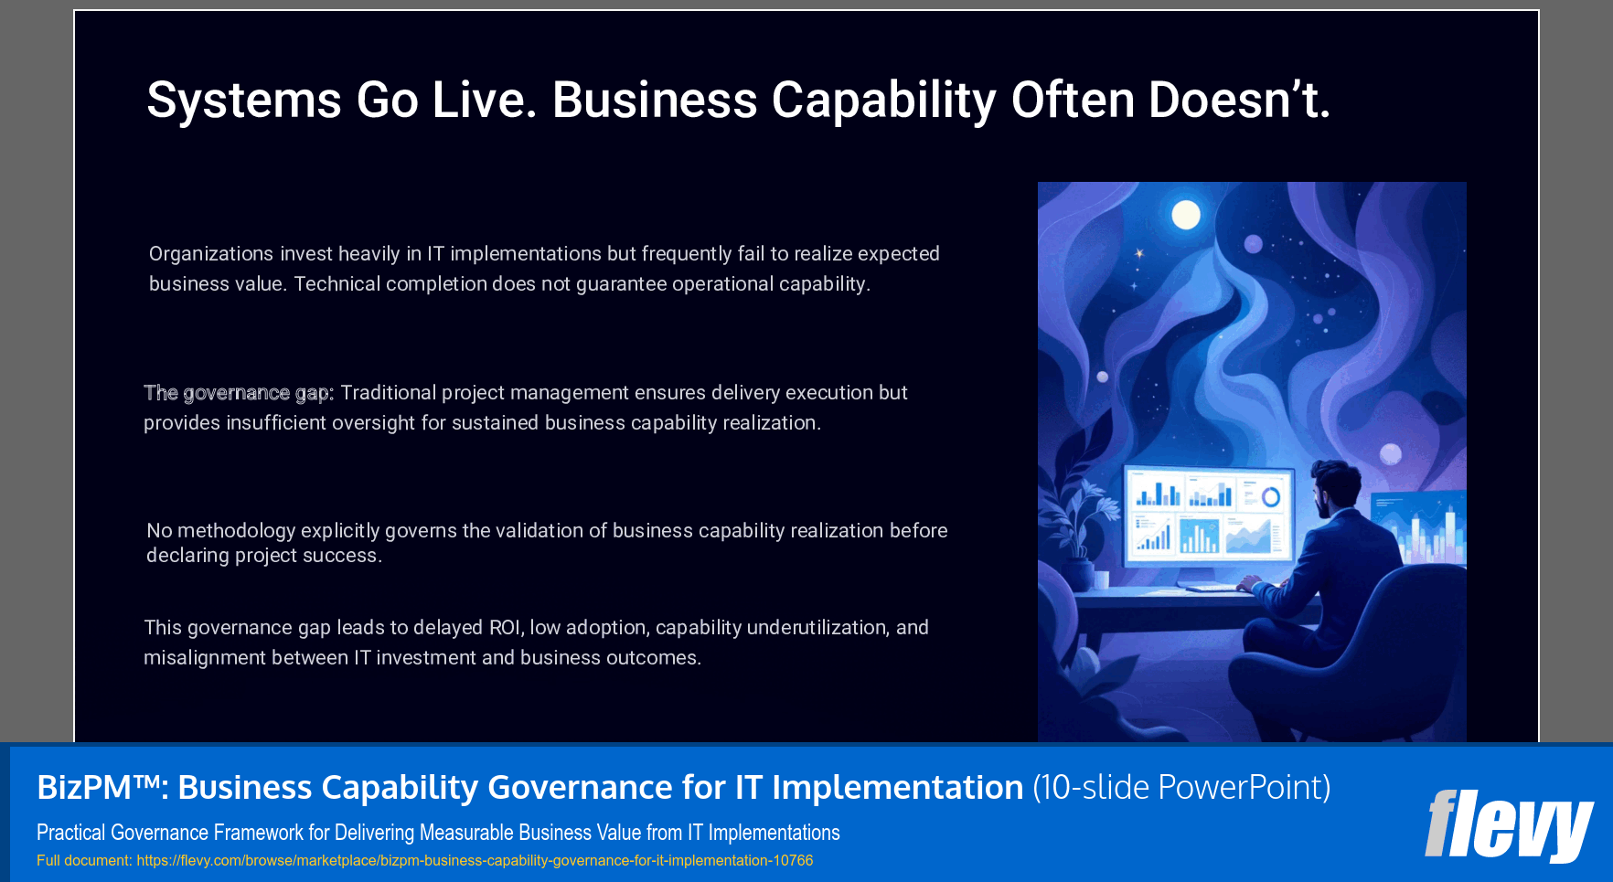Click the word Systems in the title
pos(243,100)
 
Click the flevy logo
pos(1509,824)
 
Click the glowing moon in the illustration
pos(1186,215)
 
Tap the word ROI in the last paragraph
pos(504,628)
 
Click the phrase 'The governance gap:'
pos(239,393)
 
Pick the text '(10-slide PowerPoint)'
pos(1181,787)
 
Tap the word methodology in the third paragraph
pos(236,531)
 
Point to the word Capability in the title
pos(883,100)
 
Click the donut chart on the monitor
pos(1271,497)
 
